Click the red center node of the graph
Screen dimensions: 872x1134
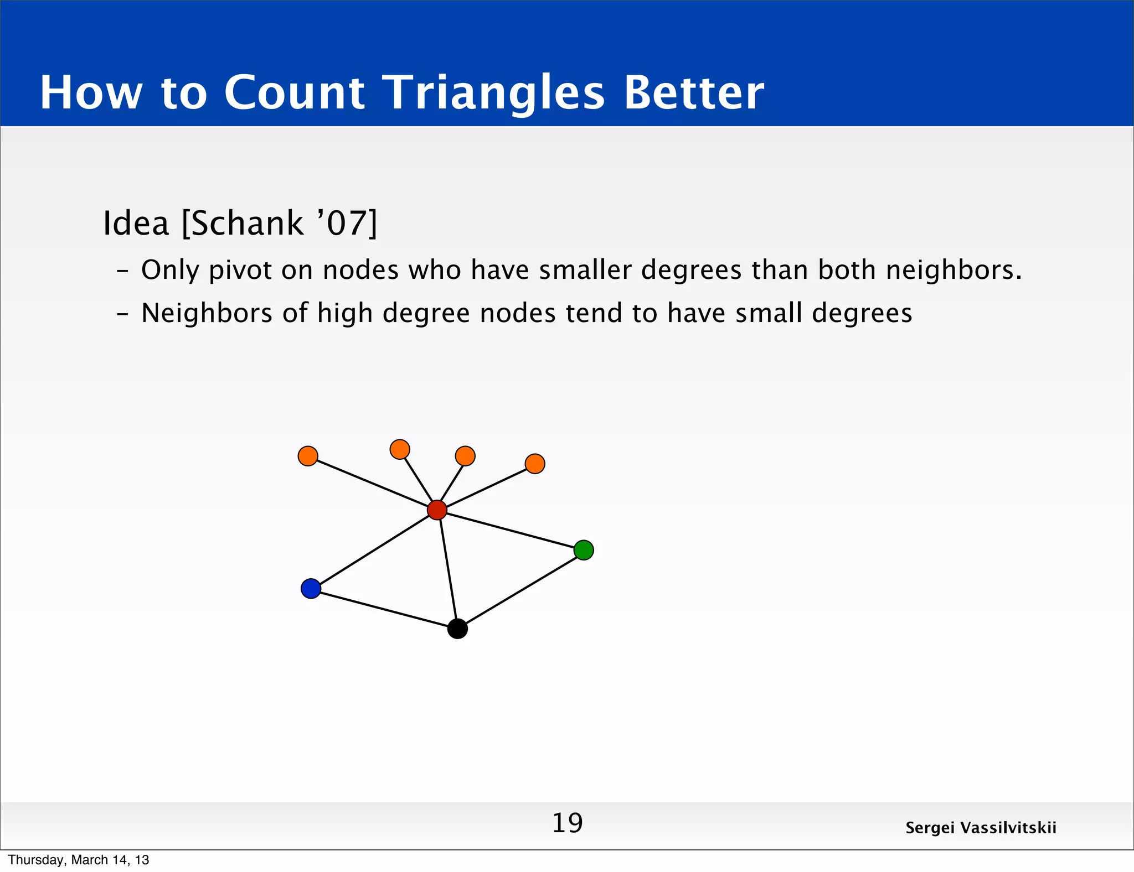pos(437,510)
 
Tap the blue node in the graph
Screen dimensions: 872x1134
pos(311,588)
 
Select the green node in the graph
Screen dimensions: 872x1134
pos(584,550)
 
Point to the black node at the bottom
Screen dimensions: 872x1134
pos(457,629)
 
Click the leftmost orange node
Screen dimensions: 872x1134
pos(308,456)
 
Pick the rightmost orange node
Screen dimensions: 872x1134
pos(535,464)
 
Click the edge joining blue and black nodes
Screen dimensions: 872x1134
pos(384,609)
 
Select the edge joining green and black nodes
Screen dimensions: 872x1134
pos(520,589)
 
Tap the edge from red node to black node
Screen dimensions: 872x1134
pos(447,570)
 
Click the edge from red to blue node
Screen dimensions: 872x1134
pos(374,549)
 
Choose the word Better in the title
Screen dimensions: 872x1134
pos(694,92)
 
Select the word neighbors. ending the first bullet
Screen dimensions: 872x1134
pos(953,271)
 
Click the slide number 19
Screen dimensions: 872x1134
pos(567,823)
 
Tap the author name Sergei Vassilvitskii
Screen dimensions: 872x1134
pos(981,828)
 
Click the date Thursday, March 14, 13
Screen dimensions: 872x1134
pos(79,860)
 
